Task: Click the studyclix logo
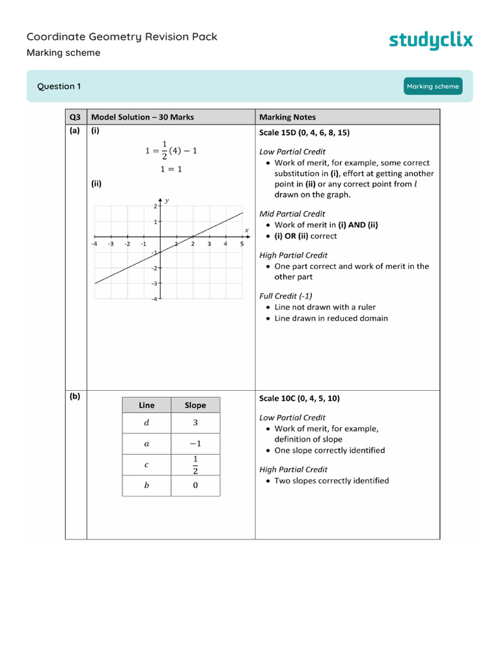click(x=431, y=40)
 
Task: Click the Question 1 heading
click(x=59, y=87)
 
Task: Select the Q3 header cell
click(x=76, y=117)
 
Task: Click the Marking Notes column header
click(x=287, y=117)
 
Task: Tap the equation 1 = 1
click(x=171, y=169)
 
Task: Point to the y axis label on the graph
click(x=167, y=201)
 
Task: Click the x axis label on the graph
click(x=247, y=230)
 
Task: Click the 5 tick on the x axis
click(x=242, y=244)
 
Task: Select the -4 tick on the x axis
click(x=95, y=244)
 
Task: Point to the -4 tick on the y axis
click(x=154, y=299)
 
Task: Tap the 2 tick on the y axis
click(x=156, y=206)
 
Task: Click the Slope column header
click(x=195, y=405)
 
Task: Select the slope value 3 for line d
click(x=195, y=423)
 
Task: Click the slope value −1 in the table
click(x=195, y=444)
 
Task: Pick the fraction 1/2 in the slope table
click(x=195, y=465)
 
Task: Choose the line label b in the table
click(x=146, y=485)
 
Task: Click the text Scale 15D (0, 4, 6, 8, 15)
click(x=304, y=133)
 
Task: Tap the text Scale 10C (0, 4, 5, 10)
click(x=299, y=399)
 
